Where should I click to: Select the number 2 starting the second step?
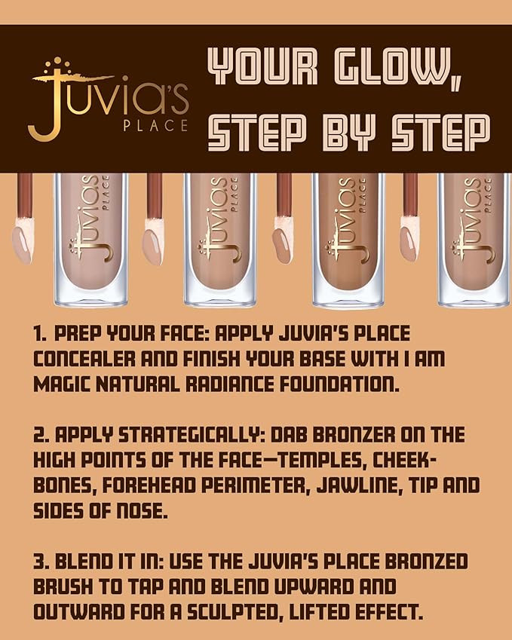(x=39, y=436)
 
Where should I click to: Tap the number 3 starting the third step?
(x=39, y=562)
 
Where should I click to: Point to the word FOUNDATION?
(x=331, y=384)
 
